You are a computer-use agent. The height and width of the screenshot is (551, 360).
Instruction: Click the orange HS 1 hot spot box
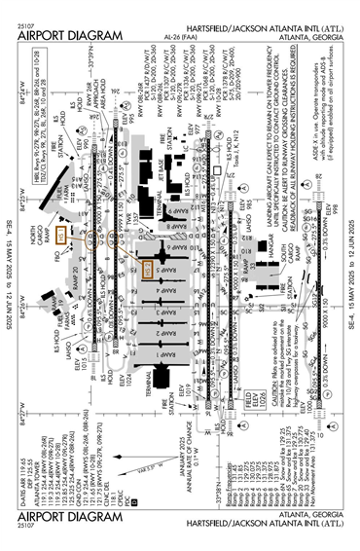[61, 235]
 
